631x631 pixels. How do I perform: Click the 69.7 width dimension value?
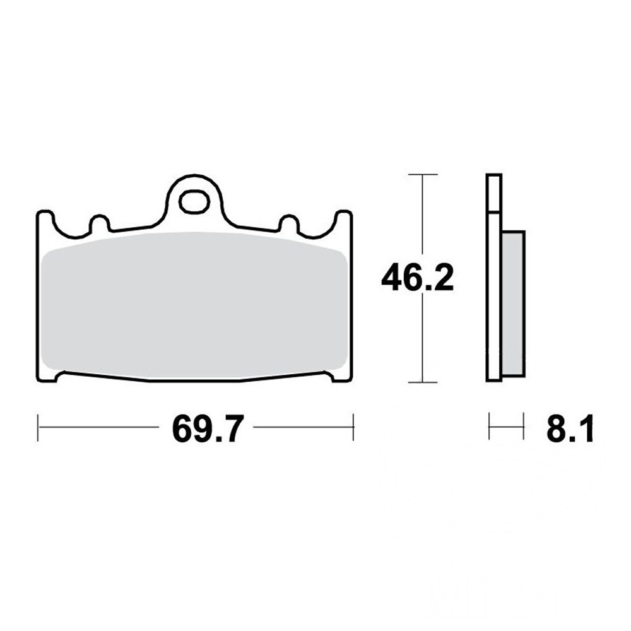208,429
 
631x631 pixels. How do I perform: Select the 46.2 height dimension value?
417,278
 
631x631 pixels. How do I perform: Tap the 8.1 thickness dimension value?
570,429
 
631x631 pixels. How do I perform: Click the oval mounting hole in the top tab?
194,202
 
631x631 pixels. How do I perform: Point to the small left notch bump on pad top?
99,223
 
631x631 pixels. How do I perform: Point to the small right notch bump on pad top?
289,223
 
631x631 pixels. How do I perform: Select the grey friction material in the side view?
514,304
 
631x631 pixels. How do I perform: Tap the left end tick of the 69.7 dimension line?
38,427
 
